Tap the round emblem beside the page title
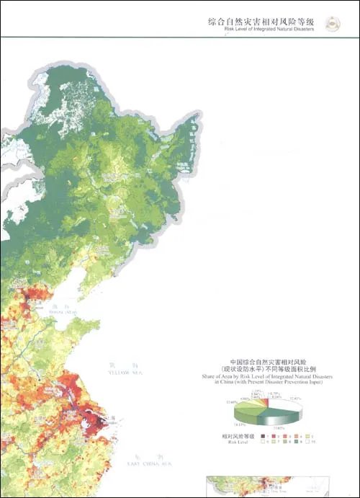[333, 25]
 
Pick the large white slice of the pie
[288, 404]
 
